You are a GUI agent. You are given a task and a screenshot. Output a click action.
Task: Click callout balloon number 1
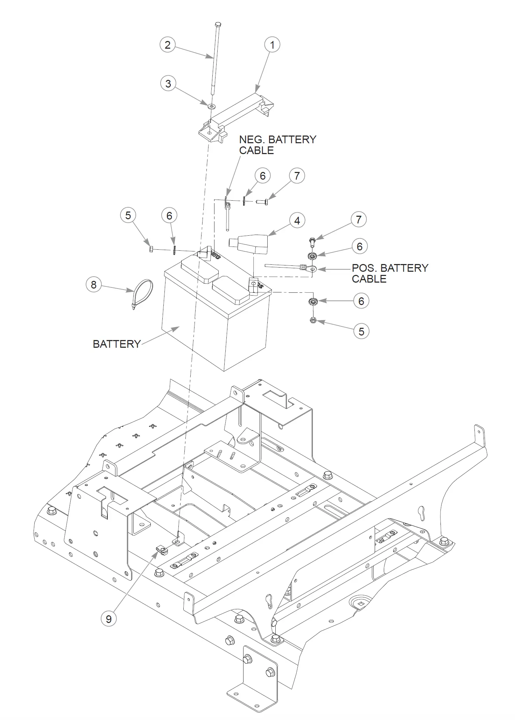pyautogui.click(x=272, y=45)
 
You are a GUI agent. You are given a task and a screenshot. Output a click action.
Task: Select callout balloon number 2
pyautogui.click(x=168, y=45)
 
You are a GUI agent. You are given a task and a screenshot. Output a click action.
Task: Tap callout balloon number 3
pyautogui.click(x=168, y=84)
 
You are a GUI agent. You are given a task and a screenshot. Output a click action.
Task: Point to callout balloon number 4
pyautogui.click(x=297, y=221)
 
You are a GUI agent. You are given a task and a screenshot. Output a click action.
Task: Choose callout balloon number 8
pyautogui.click(x=93, y=285)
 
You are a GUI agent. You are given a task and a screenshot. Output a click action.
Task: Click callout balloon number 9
pyautogui.click(x=108, y=619)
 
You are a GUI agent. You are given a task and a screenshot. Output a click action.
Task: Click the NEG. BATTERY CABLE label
pyautogui.click(x=277, y=145)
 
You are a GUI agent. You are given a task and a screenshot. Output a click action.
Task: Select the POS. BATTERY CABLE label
pyautogui.click(x=390, y=273)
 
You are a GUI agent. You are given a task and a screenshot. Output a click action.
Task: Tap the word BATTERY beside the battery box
pyautogui.click(x=117, y=344)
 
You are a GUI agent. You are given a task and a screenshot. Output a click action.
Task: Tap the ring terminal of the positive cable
pyautogui.click(x=313, y=269)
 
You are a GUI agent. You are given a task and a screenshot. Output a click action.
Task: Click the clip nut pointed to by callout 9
pyautogui.click(x=162, y=549)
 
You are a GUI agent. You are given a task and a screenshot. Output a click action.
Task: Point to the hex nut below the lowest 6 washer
pyautogui.click(x=313, y=320)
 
